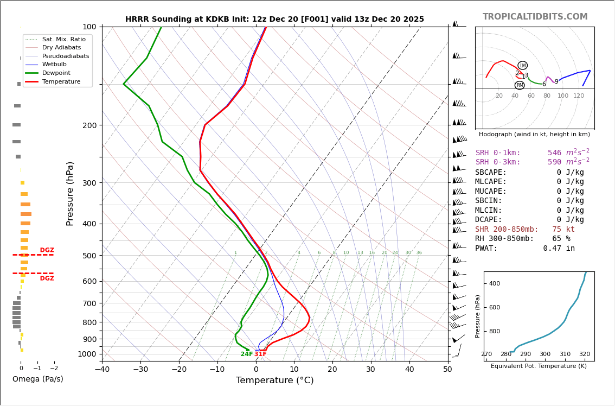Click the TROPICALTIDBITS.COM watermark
[x=535, y=17]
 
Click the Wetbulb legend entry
[x=54, y=64]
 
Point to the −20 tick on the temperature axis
[x=179, y=370]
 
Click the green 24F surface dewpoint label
[x=247, y=354]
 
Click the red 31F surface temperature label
[x=261, y=354]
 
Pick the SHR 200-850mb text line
[x=524, y=230]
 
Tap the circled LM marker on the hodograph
[x=522, y=66]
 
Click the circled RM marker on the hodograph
[x=520, y=85]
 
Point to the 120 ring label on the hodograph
[x=579, y=96]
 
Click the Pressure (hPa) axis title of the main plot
[x=70, y=193]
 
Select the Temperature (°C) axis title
[x=274, y=380]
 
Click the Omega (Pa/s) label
[x=37, y=379]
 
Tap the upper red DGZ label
[x=47, y=250]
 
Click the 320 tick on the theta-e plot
[x=584, y=354]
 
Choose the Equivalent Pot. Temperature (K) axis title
[x=539, y=366]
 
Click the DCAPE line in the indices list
[x=529, y=220]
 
